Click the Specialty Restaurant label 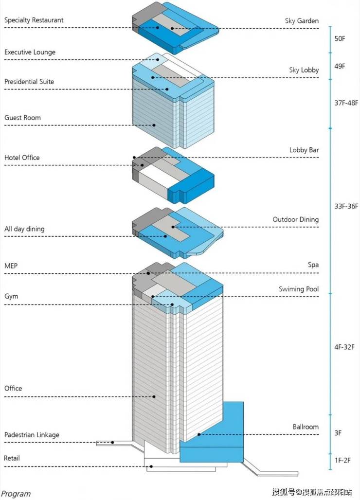[x=34, y=20]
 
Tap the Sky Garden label [x=302, y=21]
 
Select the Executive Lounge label [x=30, y=52]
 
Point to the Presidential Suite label [x=29, y=82]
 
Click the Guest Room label [x=22, y=118]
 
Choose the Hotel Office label [x=22, y=158]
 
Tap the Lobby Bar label [x=304, y=150]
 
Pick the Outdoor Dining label [x=295, y=219]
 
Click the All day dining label [x=24, y=229]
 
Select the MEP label [x=11, y=266]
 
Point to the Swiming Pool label [x=299, y=289]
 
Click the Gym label [x=11, y=296]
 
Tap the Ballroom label [x=306, y=427]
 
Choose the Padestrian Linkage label [x=32, y=434]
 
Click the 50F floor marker [x=340, y=38]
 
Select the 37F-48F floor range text [x=346, y=103]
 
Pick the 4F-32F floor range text [x=344, y=347]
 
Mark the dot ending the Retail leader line [x=151, y=466]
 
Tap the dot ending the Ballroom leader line [x=199, y=434]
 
